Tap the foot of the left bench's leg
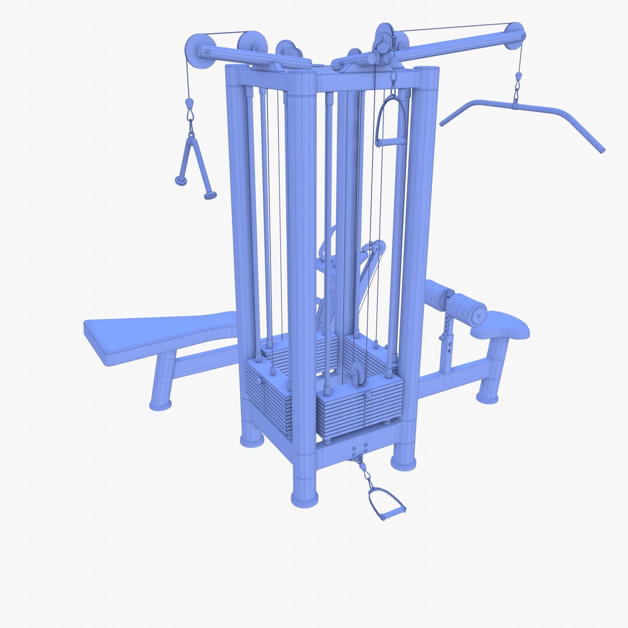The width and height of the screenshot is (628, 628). [x=160, y=404]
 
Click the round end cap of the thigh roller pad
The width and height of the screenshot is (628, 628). [x=479, y=314]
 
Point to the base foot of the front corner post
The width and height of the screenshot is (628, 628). [x=305, y=498]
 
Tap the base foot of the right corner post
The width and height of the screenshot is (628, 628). [x=404, y=462]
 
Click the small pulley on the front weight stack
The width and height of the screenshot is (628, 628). [x=356, y=375]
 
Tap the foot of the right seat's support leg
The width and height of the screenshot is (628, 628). [x=488, y=398]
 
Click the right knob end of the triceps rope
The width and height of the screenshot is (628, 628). [x=210, y=196]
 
